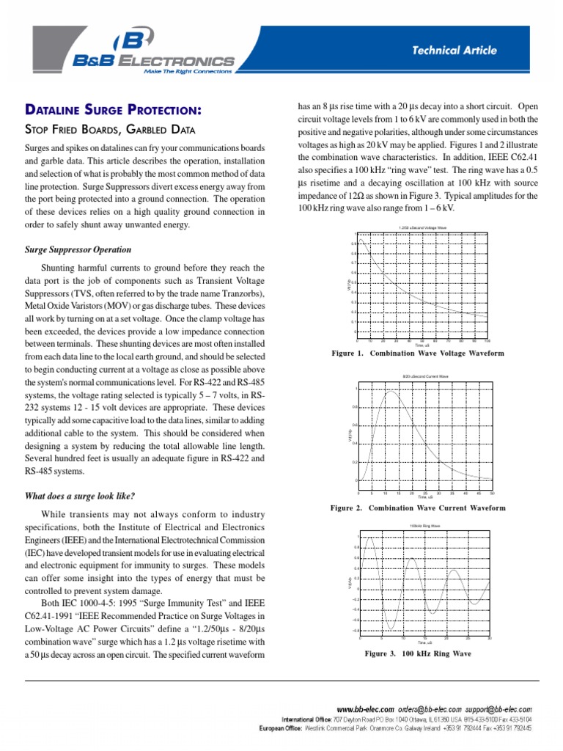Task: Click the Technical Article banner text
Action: coord(454,51)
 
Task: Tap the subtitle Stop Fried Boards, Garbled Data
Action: coord(110,131)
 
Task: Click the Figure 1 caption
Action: coord(418,353)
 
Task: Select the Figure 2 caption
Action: coord(418,508)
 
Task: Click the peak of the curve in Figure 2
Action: coord(391,391)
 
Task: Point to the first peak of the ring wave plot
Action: coord(372,538)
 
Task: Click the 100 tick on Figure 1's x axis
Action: coord(487,340)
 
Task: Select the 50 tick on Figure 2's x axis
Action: coord(492,494)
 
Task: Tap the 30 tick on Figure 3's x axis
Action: coord(489,638)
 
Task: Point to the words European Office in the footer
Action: coord(282,728)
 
